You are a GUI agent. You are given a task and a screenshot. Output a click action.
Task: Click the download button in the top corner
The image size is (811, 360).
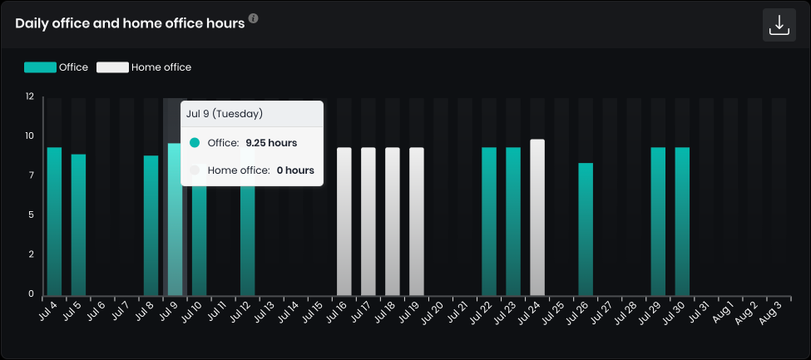click(779, 25)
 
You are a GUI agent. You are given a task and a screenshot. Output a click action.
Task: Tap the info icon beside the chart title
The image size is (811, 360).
click(254, 18)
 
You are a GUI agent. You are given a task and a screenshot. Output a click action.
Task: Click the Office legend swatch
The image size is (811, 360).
click(40, 67)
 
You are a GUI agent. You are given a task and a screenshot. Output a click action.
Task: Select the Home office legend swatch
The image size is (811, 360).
click(112, 67)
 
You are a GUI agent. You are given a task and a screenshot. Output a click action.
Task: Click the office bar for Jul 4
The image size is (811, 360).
click(54, 220)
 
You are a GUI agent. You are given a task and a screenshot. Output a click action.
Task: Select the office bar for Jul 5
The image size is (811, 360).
click(78, 224)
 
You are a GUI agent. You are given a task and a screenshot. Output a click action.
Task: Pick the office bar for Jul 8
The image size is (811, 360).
click(151, 224)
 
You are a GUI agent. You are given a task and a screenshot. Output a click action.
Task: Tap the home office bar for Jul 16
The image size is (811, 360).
click(344, 220)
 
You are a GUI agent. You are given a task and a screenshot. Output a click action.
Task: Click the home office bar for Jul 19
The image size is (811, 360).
click(417, 220)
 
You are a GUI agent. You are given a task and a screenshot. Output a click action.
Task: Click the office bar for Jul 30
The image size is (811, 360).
click(682, 220)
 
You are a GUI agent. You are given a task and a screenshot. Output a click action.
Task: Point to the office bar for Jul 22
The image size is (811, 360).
click(489, 220)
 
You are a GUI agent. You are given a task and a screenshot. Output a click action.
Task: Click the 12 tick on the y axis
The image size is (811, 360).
click(30, 96)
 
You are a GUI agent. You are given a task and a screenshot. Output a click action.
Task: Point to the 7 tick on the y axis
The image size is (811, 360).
click(31, 175)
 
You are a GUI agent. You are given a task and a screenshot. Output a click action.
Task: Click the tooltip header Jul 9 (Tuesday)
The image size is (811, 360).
click(225, 114)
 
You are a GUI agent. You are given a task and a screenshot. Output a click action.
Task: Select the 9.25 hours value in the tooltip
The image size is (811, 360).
click(271, 143)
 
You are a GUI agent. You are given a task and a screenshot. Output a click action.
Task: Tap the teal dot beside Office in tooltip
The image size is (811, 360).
click(195, 143)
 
